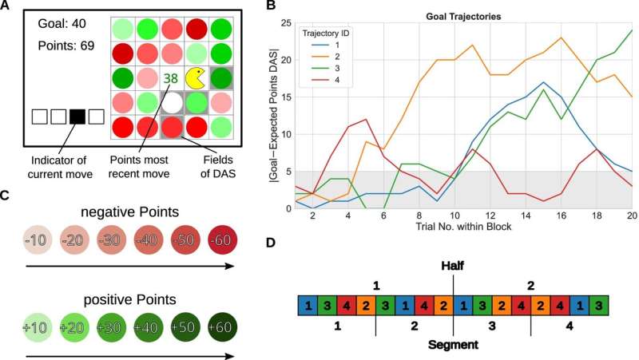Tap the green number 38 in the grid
(170, 79)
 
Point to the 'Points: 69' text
(65, 45)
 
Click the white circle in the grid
(171, 102)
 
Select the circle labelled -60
(220, 241)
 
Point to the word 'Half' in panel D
(453, 267)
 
